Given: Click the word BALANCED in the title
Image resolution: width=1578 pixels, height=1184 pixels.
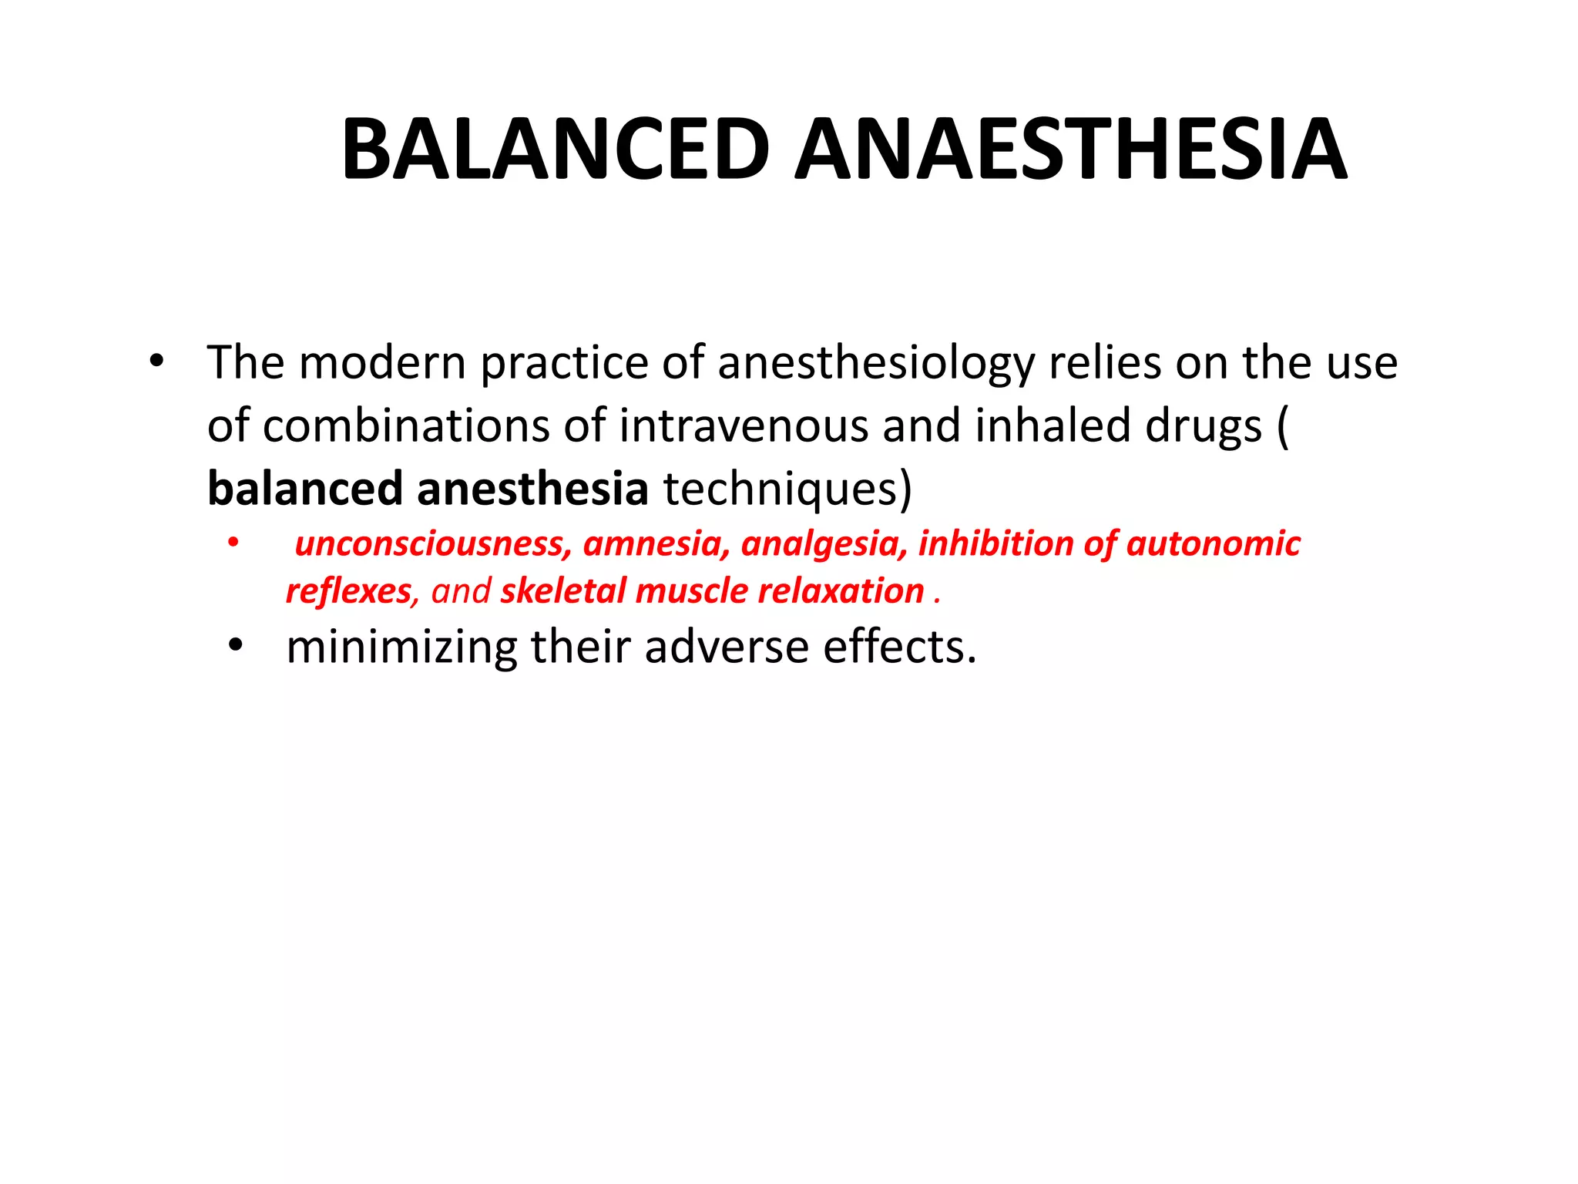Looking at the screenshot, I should click(556, 150).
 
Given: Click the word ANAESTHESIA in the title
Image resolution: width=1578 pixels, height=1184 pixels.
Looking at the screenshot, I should click(1071, 150).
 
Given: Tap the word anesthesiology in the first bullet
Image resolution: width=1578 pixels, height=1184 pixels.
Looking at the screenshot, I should click(876, 363).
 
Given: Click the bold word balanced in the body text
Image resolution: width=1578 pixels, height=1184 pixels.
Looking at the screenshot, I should click(305, 489).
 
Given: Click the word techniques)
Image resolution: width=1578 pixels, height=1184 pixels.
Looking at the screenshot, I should click(787, 489).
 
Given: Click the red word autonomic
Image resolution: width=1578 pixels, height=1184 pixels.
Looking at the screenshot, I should click(1214, 543).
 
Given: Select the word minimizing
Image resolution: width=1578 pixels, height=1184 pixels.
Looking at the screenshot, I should click(401, 647).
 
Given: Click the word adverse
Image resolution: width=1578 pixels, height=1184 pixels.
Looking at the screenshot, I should click(727, 647).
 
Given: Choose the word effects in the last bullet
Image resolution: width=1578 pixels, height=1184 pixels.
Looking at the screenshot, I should click(898, 647).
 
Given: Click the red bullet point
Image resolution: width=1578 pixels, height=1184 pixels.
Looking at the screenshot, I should click(233, 543).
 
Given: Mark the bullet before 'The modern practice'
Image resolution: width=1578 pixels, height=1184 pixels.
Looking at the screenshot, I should click(156, 362).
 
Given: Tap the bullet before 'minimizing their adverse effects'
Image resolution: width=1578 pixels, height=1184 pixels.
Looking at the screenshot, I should click(235, 646).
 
